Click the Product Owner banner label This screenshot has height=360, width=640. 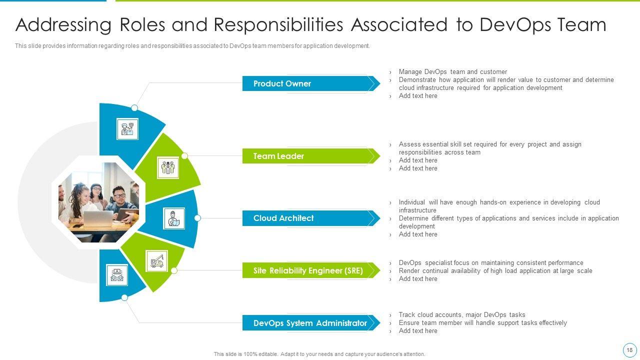282,83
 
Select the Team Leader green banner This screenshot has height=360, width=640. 278,156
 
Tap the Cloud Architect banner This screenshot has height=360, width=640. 283,218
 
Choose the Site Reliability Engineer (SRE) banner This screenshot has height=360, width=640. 308,270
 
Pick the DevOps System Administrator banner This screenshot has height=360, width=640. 310,323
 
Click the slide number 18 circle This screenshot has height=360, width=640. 629,350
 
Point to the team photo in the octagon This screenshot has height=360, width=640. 98,202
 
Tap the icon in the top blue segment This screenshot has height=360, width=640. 127,129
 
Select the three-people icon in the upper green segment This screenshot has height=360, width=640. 168,167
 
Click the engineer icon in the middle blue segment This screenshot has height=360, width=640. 174,218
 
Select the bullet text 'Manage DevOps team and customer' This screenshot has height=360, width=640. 452,72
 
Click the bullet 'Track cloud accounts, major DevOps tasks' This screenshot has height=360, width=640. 461,315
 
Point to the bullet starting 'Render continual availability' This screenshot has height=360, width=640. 495,271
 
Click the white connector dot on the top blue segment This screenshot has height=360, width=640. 134,108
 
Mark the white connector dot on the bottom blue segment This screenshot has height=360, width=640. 124,297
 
